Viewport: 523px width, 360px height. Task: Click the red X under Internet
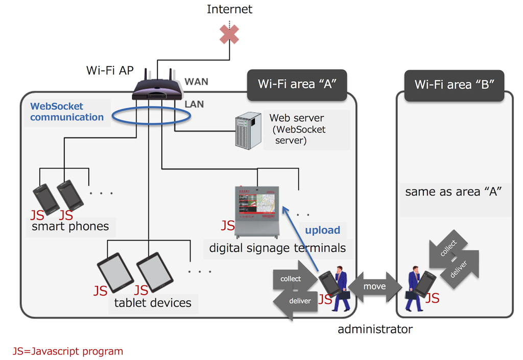point(229,34)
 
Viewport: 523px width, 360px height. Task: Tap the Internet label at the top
point(229,9)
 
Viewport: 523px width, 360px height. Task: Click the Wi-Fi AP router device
point(158,91)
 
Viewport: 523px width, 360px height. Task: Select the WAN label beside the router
point(196,82)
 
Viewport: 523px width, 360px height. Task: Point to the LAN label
point(194,104)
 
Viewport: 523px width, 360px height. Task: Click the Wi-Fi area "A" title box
point(296,84)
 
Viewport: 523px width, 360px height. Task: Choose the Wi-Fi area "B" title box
point(454,84)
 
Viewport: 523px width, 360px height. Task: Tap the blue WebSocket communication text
point(67,112)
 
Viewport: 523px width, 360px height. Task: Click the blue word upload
point(322,230)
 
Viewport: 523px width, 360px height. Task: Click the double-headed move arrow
point(374,286)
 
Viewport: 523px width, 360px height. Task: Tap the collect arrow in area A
point(294,278)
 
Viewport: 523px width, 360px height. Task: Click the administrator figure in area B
point(415,289)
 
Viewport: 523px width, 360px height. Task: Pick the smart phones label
point(70,226)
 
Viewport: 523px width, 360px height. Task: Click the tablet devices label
point(153,303)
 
